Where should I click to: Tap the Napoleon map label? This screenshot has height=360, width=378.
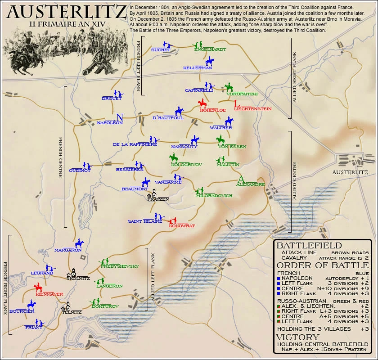[x=110, y=123]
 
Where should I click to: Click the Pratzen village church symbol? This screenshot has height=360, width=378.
[x=154, y=193]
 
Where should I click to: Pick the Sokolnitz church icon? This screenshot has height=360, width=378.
[x=72, y=272]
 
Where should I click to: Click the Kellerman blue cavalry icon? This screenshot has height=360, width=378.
[x=209, y=61]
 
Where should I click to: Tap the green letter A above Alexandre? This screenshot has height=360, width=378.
[x=241, y=179]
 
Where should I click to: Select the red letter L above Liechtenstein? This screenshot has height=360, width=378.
[x=237, y=104]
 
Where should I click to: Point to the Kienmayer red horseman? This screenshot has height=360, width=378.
[x=38, y=288]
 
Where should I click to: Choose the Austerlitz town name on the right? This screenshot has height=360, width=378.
[x=350, y=172]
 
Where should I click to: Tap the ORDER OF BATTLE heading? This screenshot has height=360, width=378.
[x=323, y=265]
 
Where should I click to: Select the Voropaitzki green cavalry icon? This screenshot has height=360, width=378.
[x=229, y=87]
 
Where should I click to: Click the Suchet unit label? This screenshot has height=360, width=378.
[x=161, y=50]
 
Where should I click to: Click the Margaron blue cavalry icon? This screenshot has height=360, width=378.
[x=79, y=244]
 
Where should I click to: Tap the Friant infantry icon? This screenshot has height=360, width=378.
[x=40, y=322]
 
